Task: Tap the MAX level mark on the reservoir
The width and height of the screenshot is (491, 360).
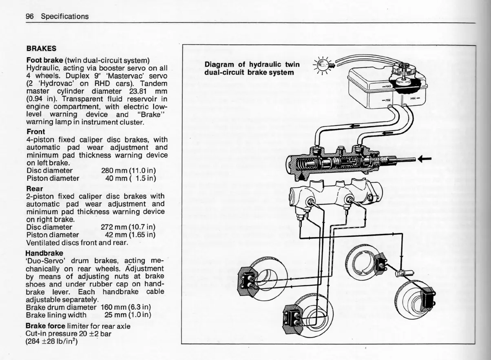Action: tap(387, 86)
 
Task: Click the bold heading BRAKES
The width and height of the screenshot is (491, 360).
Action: tap(41, 48)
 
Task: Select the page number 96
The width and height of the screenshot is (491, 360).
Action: tap(29, 16)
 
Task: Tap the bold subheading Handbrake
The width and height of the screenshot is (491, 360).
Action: tap(44, 253)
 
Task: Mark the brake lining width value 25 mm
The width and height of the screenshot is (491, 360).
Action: tap(115, 315)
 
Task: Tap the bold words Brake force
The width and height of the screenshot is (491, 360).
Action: tap(45, 326)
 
